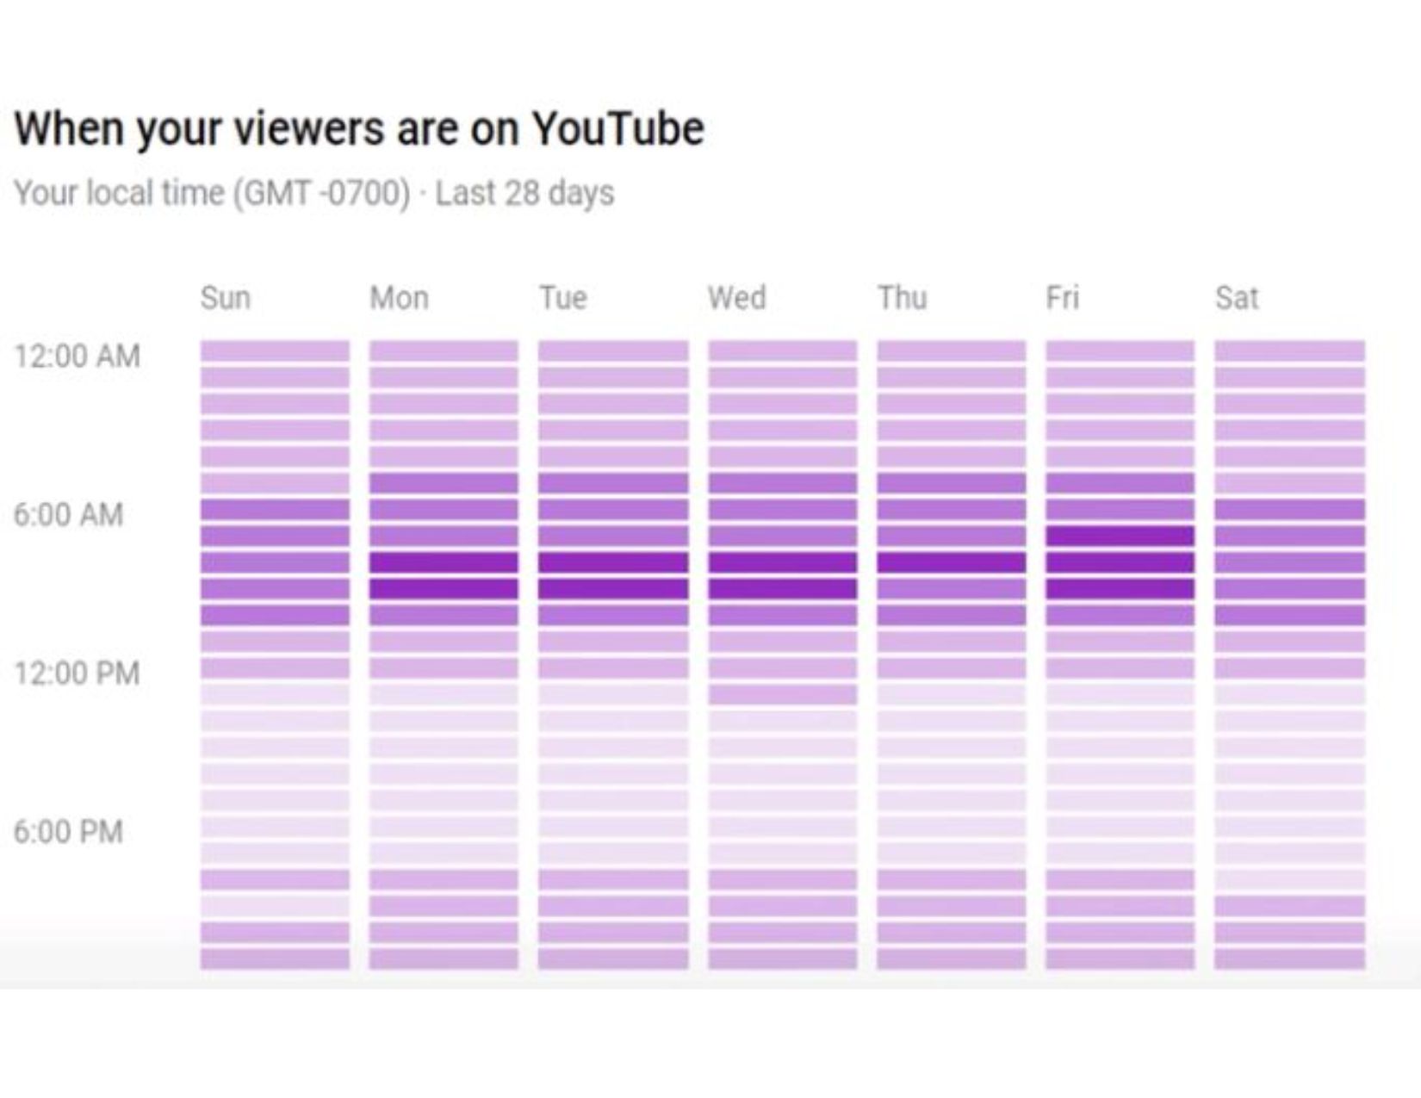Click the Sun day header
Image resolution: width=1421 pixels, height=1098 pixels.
226,298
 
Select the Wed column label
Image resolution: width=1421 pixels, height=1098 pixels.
737,298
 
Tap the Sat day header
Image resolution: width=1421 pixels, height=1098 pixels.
1237,298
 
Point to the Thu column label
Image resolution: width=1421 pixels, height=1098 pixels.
903,298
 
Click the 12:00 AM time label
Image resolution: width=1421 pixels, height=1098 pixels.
77,356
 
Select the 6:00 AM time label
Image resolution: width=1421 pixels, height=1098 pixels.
69,514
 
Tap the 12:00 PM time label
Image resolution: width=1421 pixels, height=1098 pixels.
77,673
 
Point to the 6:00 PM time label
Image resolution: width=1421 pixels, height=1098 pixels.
69,831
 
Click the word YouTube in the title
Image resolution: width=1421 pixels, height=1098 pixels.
617,129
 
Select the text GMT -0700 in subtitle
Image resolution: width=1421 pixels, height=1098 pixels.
322,193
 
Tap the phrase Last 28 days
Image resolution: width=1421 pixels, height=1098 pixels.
524,193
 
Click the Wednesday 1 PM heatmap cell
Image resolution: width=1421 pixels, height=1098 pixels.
782,694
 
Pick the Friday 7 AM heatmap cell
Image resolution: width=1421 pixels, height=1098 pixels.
1120,536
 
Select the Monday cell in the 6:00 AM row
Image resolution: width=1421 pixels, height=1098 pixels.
444,509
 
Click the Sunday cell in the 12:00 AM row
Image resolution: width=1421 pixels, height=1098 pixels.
275,350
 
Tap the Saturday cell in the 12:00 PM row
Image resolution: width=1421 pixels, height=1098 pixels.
1289,668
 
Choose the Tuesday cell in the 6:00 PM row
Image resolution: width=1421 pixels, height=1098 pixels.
613,827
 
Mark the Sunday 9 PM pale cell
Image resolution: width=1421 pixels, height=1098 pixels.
275,906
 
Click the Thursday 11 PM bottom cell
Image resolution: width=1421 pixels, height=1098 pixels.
951,958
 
